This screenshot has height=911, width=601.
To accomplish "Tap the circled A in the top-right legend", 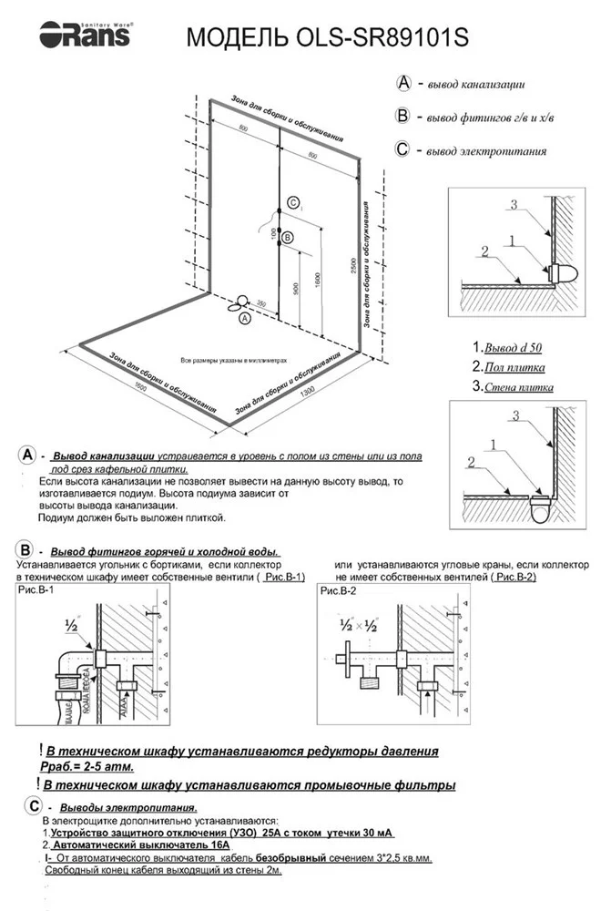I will coord(404,83).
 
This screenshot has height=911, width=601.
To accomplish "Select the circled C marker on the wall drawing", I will coord(291,202).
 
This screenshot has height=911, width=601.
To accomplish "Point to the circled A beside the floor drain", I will coord(243,319).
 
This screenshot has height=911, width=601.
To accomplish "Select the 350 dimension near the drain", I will coord(261,303).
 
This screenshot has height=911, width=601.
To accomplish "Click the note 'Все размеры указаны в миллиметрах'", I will coord(234,360).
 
